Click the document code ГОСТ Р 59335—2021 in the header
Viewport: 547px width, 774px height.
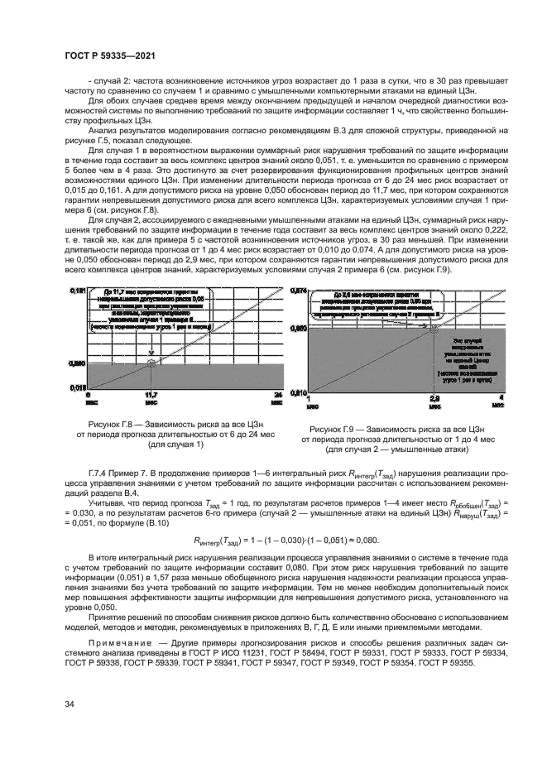(111, 56)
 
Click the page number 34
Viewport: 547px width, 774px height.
(69, 704)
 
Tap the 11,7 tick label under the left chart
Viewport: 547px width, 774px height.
(151, 396)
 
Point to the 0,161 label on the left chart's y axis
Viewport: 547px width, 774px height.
(76, 290)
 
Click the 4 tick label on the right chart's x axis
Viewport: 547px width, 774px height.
(499, 398)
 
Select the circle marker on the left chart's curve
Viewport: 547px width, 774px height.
(151, 362)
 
